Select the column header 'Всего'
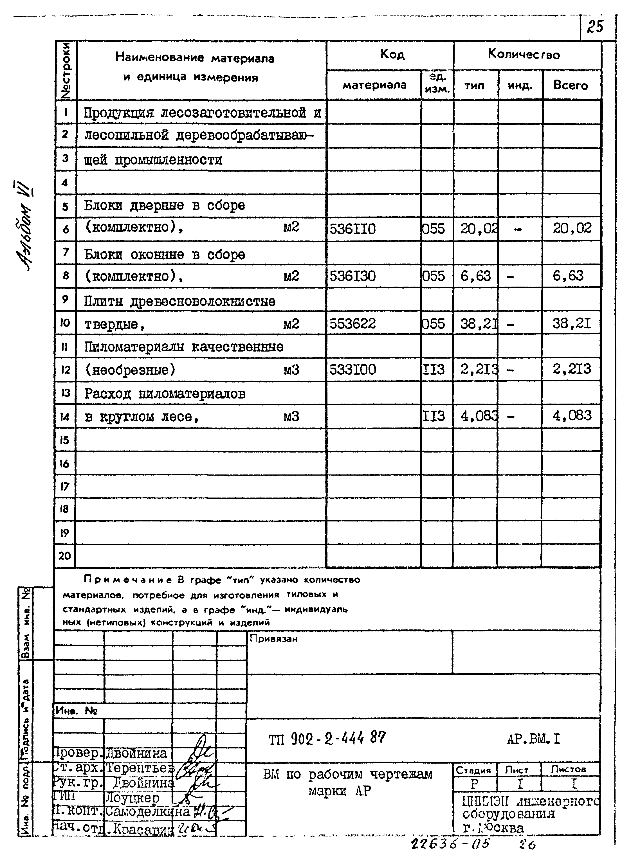pyautogui.click(x=571, y=85)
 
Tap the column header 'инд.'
pyautogui.click(x=520, y=85)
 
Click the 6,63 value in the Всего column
pyautogui.click(x=568, y=276)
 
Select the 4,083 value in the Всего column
pyautogui.click(x=572, y=415)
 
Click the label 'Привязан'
pyautogui.click(x=273, y=639)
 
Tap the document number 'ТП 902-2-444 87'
pyautogui.click(x=327, y=739)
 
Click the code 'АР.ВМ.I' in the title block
pyautogui.click(x=533, y=739)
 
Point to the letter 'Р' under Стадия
pyautogui.click(x=474, y=784)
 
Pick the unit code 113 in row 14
pyautogui.click(x=434, y=416)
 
